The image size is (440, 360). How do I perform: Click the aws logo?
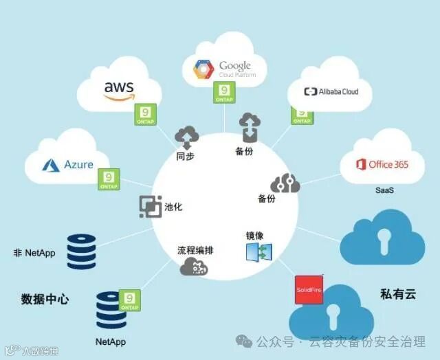tap(118, 91)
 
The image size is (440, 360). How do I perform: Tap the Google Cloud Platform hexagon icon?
tap(203, 69)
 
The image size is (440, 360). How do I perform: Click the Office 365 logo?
tap(382, 165)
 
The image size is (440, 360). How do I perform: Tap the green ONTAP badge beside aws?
tap(144, 114)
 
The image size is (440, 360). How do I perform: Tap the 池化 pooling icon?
tap(150, 207)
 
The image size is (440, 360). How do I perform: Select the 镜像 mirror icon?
tap(258, 251)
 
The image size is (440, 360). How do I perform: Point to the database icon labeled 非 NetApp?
tap(81, 251)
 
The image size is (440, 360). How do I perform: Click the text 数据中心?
tap(45, 300)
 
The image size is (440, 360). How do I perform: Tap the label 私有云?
tap(398, 294)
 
